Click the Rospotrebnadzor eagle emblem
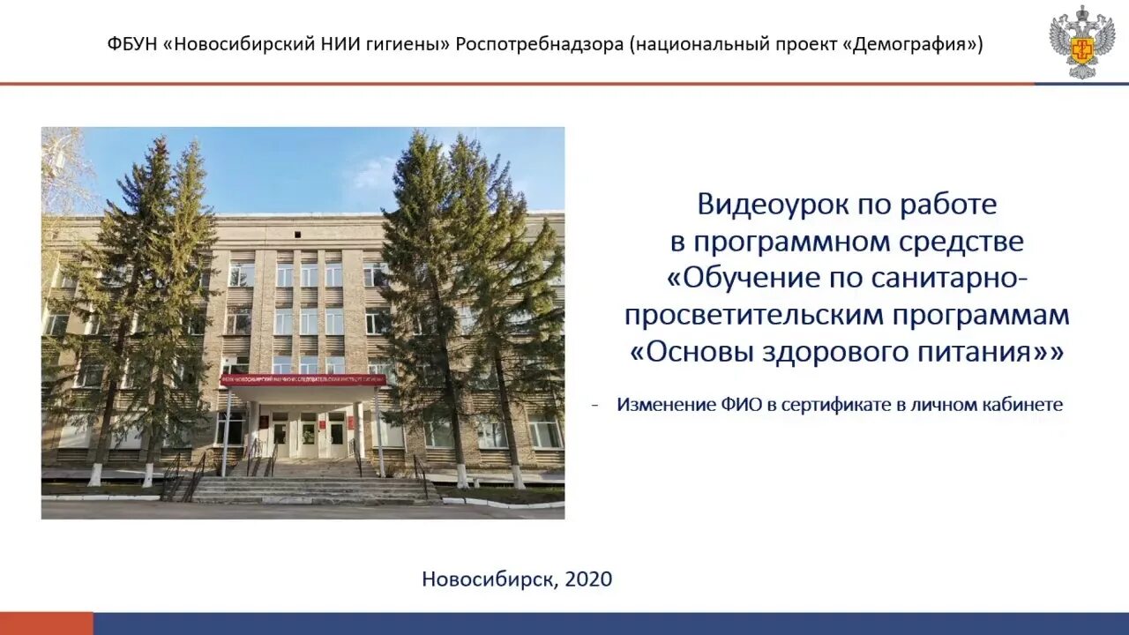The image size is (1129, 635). (x=1081, y=41)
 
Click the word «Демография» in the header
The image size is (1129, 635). (x=916, y=44)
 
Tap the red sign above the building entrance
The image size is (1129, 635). (x=303, y=379)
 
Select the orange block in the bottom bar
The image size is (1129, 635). (x=46, y=624)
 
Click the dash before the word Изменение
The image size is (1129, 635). (x=595, y=405)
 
